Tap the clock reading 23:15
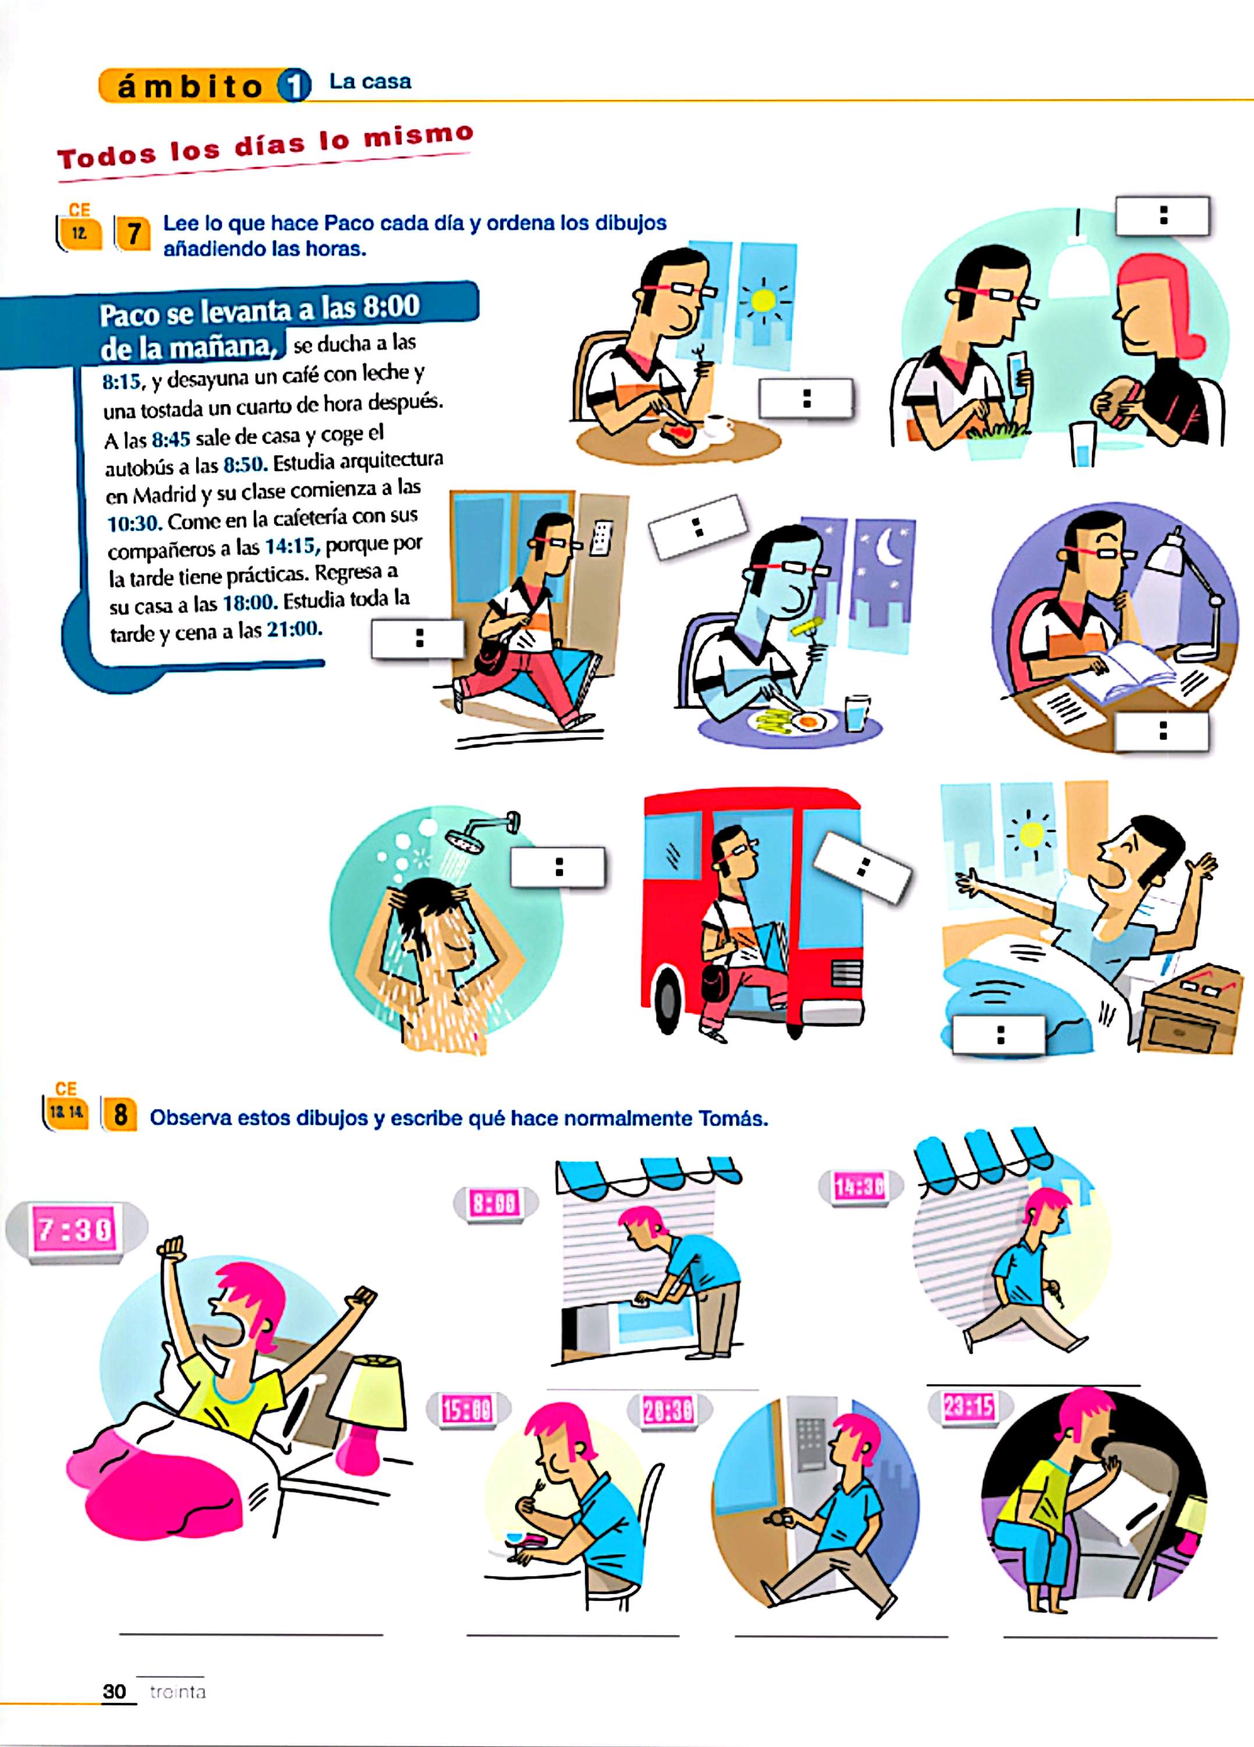point(969,1408)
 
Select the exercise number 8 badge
point(120,1115)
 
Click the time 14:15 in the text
point(291,547)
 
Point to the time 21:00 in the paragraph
point(293,630)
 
